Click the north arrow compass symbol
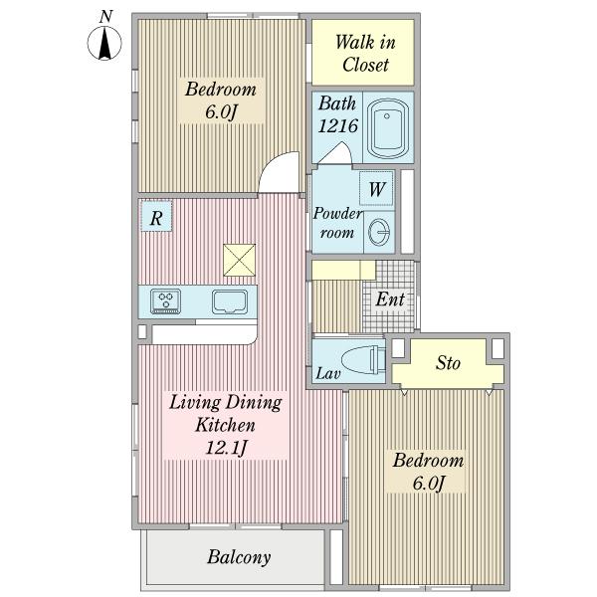click(104, 43)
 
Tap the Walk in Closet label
click(365, 53)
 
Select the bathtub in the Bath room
click(388, 128)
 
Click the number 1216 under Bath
click(337, 125)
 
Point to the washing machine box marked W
click(376, 188)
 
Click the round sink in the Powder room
click(379, 232)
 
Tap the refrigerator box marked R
click(156, 216)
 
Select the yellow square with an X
click(239, 260)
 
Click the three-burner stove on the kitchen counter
click(165, 301)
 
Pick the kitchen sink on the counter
click(230, 301)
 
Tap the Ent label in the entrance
click(389, 298)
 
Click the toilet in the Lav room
click(363, 359)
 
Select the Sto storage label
click(448, 363)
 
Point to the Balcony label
click(239, 557)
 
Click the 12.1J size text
click(226, 448)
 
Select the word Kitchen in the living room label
click(225, 425)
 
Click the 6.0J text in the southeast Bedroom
click(428, 484)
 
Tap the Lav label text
click(327, 373)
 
